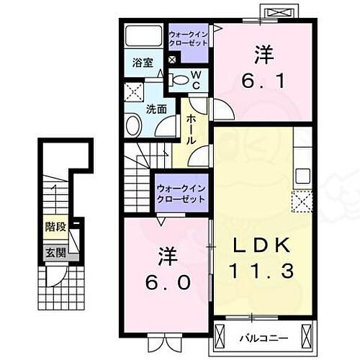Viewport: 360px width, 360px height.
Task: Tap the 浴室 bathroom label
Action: [141, 63]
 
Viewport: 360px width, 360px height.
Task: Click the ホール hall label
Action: [192, 130]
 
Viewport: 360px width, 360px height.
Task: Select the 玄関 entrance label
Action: [55, 252]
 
